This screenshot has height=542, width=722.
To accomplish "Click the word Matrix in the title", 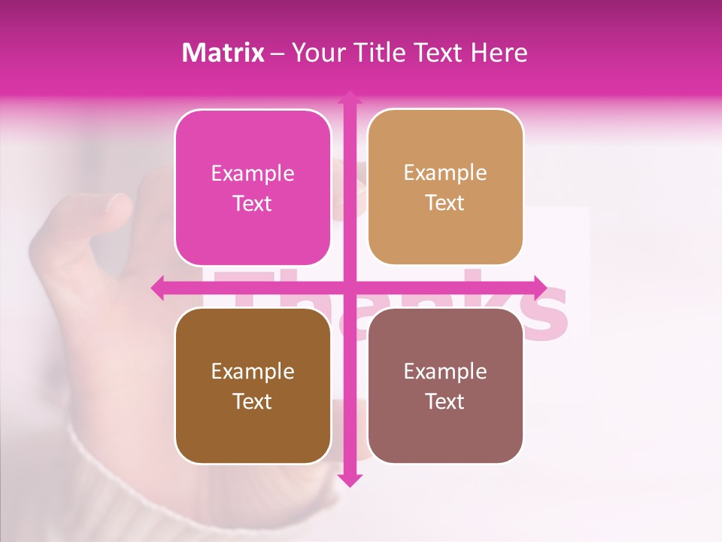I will (x=223, y=53).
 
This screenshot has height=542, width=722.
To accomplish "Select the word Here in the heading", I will (x=499, y=53).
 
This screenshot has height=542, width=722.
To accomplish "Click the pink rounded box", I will (x=253, y=187).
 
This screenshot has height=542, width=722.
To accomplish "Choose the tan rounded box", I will (x=445, y=187).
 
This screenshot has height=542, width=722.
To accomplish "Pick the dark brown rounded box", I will (x=253, y=385).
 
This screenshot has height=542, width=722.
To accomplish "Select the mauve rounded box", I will (x=445, y=385).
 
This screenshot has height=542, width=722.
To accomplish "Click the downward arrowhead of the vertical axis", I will (x=349, y=480).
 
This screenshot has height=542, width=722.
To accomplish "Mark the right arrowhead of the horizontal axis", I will (x=540, y=288).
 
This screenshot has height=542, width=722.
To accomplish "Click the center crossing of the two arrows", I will (x=349, y=288).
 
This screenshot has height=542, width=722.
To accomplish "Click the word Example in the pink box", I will (x=253, y=174).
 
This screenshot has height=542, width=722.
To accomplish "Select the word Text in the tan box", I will (x=445, y=203).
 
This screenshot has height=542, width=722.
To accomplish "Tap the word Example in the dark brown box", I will (x=253, y=372).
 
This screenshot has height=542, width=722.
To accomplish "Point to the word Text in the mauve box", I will (x=445, y=402).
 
